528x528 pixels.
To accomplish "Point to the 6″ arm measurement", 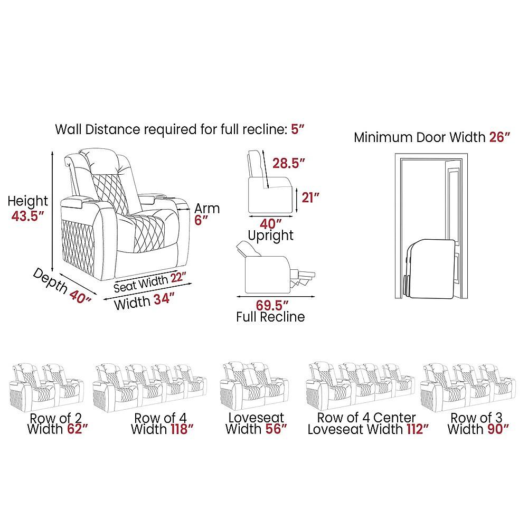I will tap(199, 221).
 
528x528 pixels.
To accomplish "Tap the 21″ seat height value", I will tap(310, 197).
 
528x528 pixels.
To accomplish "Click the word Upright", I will tap(271, 235).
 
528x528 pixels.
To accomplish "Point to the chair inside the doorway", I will tap(431, 269).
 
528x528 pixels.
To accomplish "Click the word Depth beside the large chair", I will tap(49, 280).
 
